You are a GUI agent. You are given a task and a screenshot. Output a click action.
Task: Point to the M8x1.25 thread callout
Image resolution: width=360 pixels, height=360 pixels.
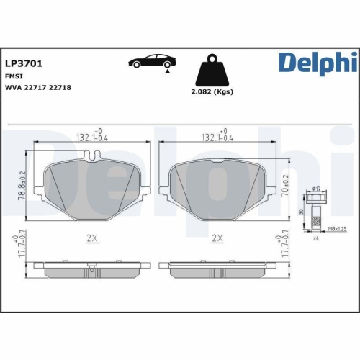(x=337, y=228)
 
